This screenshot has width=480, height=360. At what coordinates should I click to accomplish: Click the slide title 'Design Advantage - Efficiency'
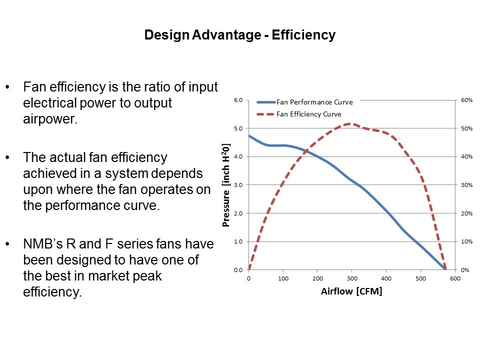(239, 35)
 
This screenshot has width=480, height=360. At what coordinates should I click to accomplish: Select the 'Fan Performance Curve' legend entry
(314, 102)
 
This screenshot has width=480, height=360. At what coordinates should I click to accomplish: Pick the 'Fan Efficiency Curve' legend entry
(308, 114)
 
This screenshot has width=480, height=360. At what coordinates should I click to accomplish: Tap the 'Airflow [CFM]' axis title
(351, 292)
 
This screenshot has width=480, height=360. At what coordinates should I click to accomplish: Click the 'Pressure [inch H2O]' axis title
(226, 185)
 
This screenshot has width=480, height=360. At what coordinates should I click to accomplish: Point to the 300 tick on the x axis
(351, 278)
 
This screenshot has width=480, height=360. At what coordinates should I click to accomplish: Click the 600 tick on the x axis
(454, 278)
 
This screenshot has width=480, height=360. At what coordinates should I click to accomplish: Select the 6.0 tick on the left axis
(238, 100)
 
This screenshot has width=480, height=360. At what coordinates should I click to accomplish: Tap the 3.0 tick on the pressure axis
(238, 185)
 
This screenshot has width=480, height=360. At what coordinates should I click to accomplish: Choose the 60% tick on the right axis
(466, 100)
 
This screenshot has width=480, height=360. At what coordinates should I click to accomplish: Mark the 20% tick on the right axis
(466, 213)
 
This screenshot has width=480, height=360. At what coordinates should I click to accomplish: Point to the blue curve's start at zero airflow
(249, 135)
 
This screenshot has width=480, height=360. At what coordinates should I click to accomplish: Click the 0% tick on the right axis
(464, 270)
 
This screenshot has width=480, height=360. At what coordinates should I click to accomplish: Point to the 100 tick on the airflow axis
(283, 278)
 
